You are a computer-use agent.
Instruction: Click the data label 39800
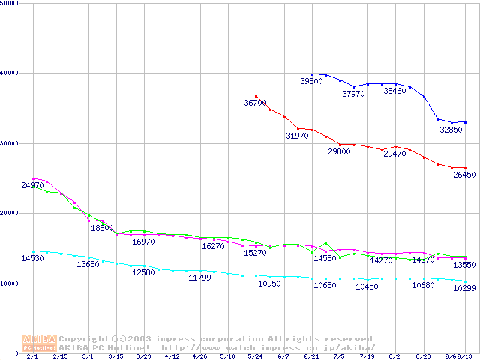[311, 81]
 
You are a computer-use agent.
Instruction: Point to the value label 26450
[464, 175]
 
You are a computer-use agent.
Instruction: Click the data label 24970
[32, 185]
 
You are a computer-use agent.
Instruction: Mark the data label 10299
[464, 288]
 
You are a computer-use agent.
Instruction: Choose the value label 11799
[199, 277]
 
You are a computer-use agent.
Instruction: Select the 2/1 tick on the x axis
[31, 357]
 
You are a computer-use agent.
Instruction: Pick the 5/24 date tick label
[255, 357]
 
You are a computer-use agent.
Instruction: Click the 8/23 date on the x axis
[423, 357]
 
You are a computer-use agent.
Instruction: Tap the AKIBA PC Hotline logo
[38, 342]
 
